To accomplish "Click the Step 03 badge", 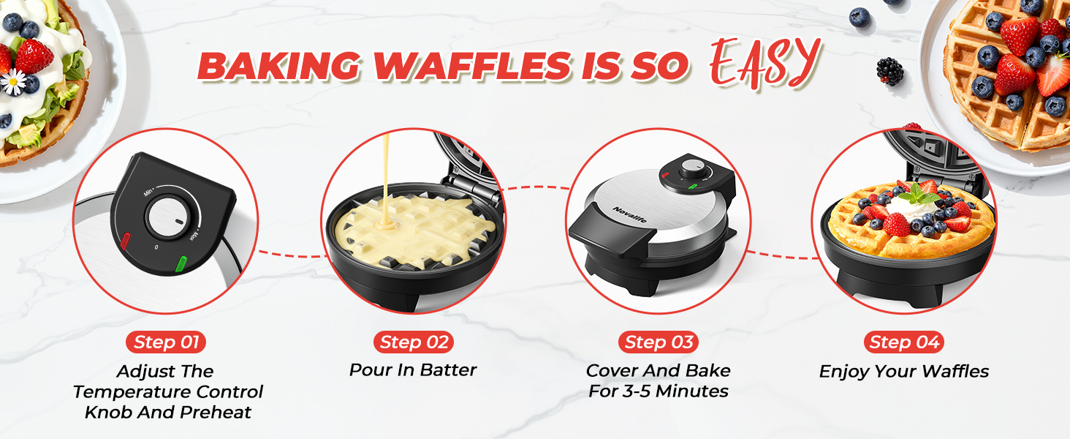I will tap(658, 342).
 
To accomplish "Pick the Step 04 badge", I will tap(904, 342).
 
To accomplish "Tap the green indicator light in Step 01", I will tap(181, 261).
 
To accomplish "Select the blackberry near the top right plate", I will tap(889, 71).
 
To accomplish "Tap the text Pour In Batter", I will tap(412, 370).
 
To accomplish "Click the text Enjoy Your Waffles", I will tap(904, 372).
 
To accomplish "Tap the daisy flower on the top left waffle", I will tap(12, 81).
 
